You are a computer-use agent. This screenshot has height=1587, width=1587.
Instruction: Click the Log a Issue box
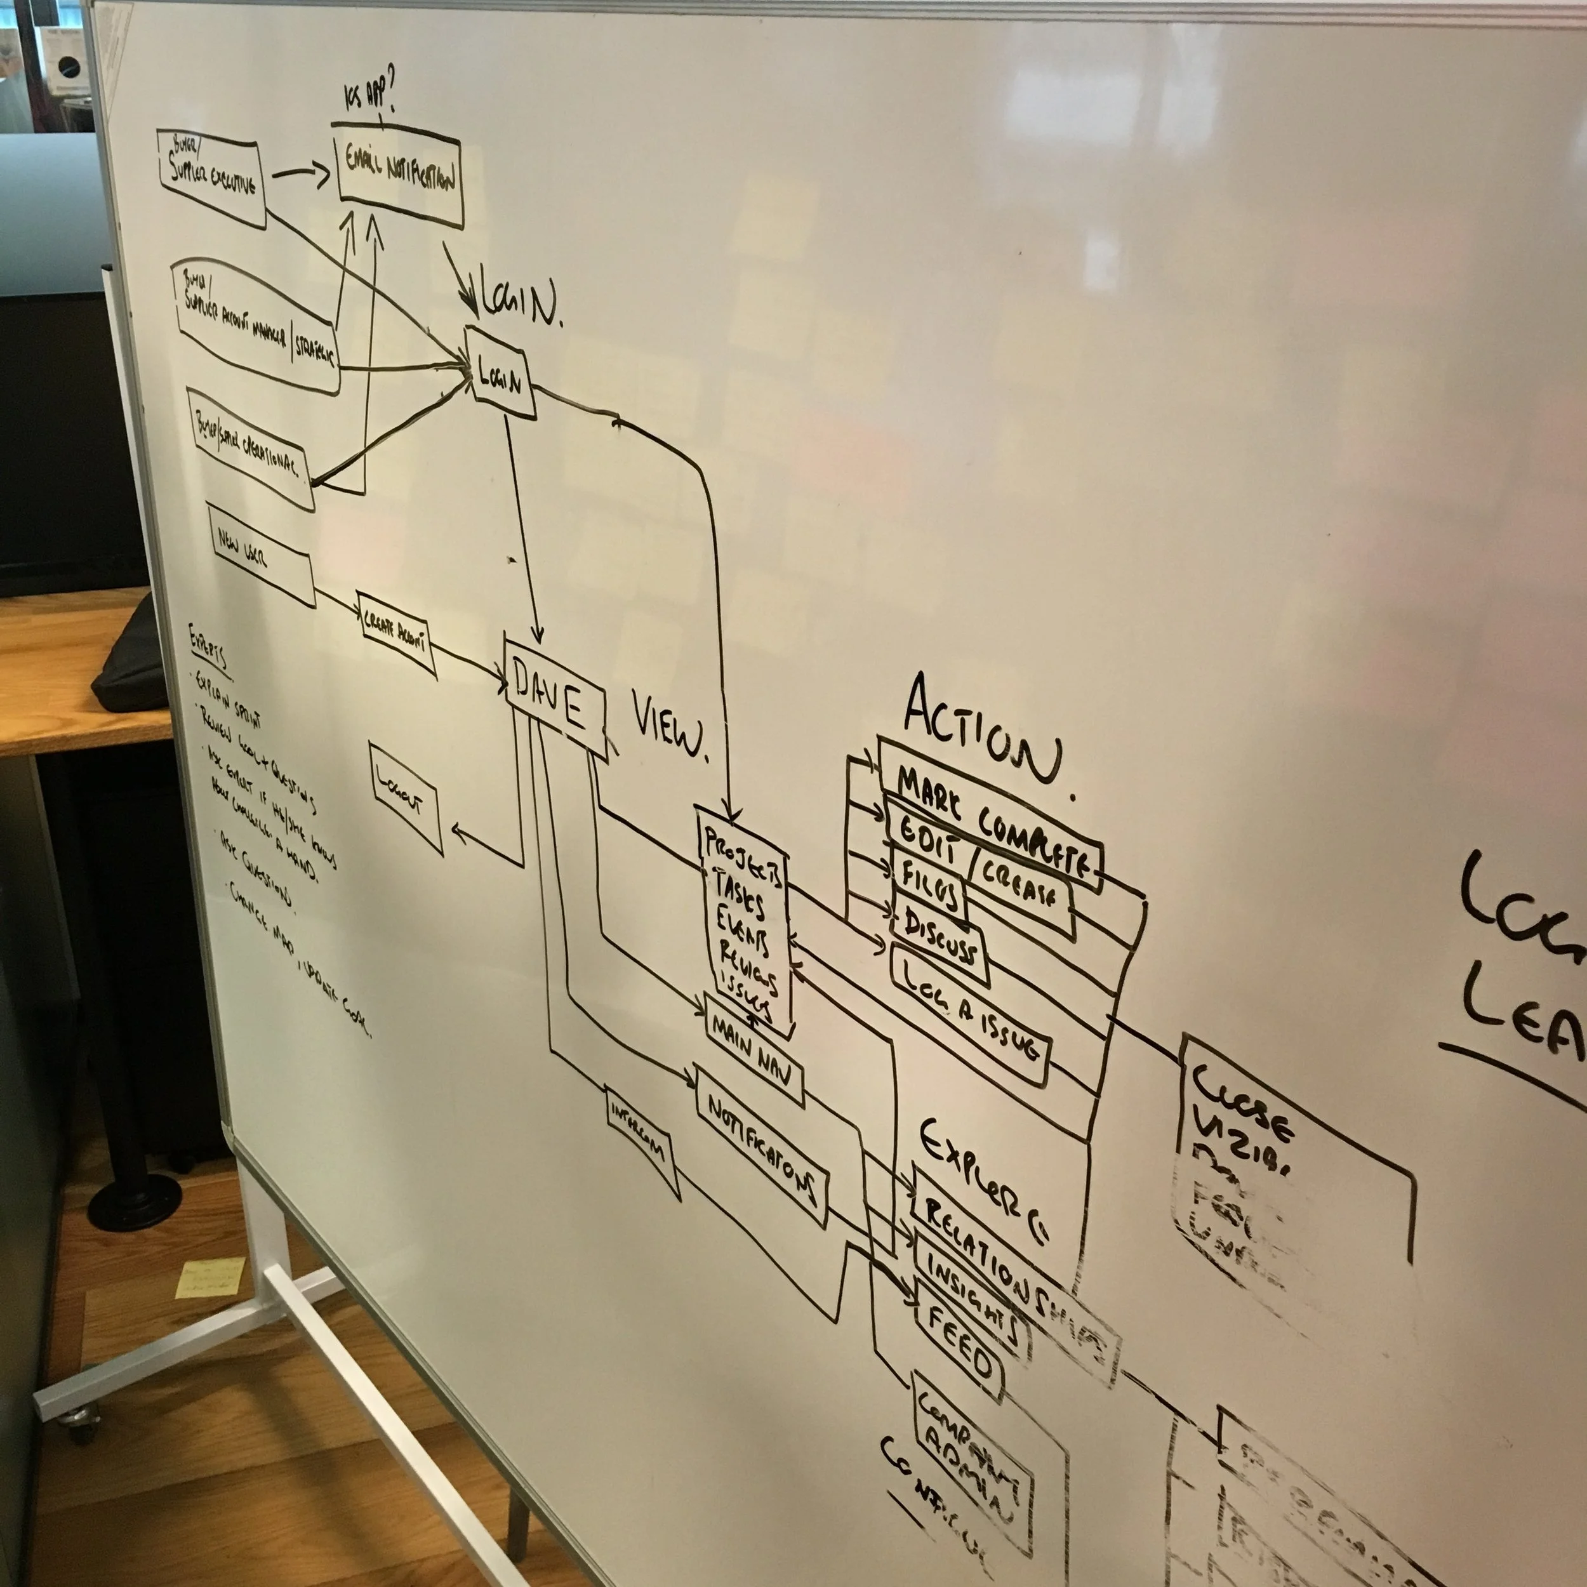pos(969,1017)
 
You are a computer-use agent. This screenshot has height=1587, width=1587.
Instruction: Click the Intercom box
pos(641,1142)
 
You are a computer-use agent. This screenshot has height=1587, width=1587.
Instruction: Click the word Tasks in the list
pos(740,894)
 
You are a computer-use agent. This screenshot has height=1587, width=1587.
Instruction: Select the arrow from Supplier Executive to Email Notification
pos(300,173)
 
